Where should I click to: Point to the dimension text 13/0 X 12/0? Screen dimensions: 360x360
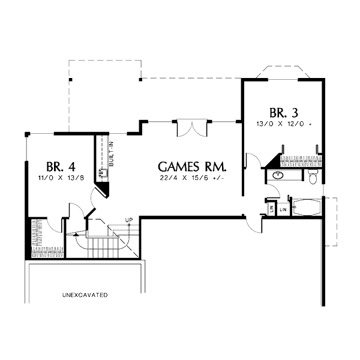284,124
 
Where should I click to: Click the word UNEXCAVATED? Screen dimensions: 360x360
85,295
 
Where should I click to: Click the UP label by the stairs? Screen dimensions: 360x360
128,220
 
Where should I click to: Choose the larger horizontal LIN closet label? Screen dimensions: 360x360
283,210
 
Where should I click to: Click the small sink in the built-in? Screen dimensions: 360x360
103,174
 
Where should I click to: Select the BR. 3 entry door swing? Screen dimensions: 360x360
253,160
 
